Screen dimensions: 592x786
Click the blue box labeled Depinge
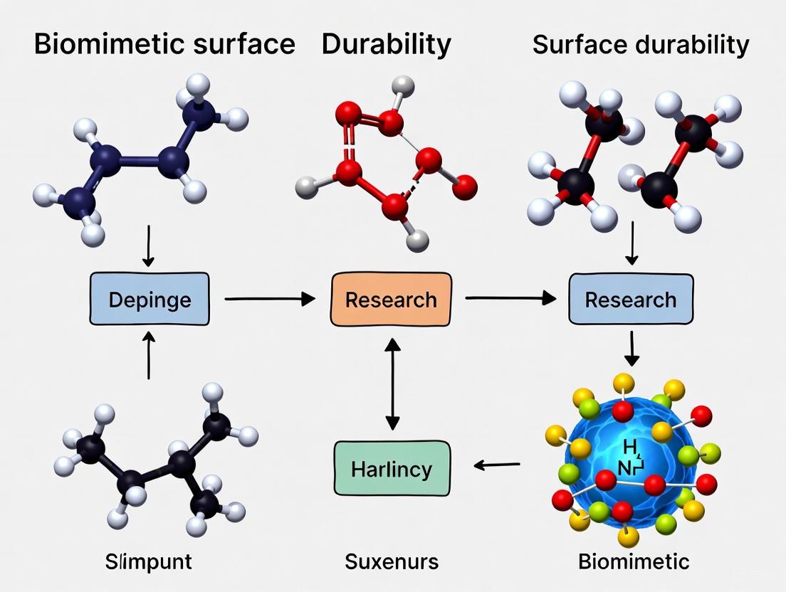coord(150,300)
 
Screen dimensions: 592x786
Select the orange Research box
coord(391,300)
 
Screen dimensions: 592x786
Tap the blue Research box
coord(631,300)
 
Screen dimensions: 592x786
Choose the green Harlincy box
coord(392,468)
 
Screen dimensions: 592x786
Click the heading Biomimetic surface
coord(164,44)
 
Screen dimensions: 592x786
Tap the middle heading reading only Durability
coord(386,44)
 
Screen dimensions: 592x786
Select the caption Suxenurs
coord(392,561)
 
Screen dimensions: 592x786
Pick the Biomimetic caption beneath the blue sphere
coord(634,561)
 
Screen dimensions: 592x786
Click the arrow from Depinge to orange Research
coord(269,300)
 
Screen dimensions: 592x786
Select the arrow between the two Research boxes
coord(510,300)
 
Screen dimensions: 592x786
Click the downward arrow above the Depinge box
coord(149,246)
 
